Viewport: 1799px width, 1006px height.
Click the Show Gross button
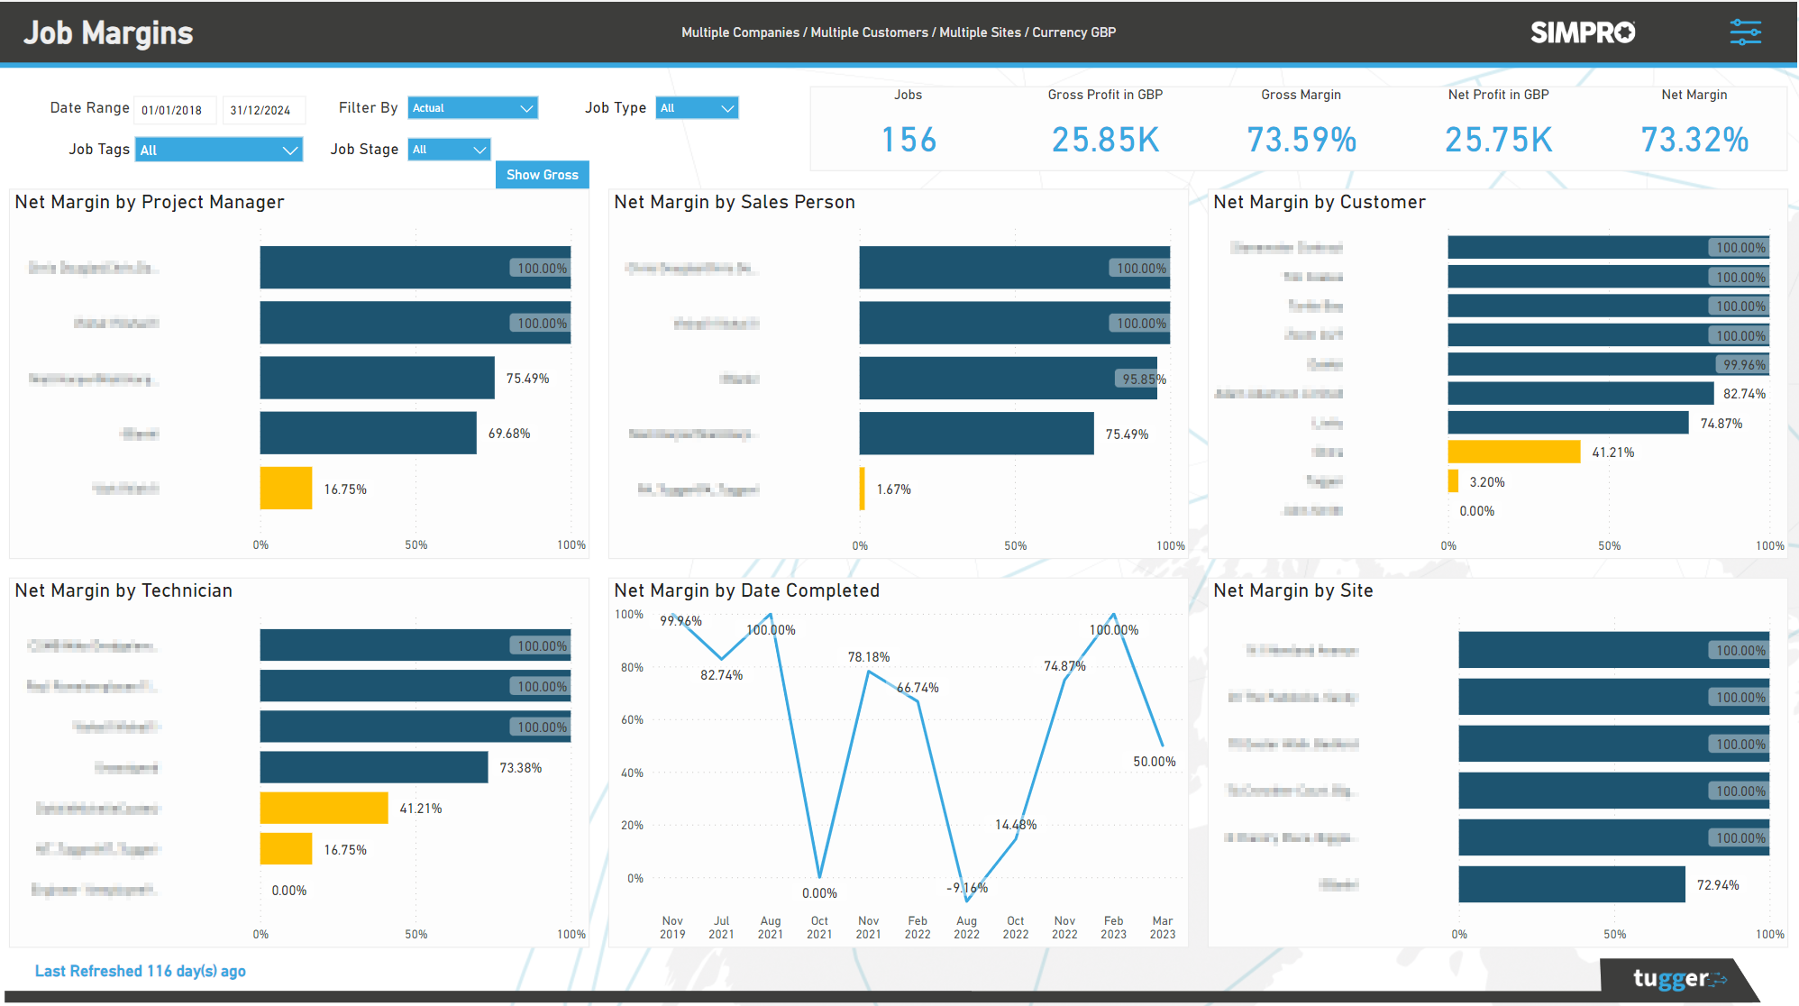[542, 175]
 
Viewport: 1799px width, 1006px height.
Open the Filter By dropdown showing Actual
[472, 108]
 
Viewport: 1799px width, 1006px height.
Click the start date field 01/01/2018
[173, 110]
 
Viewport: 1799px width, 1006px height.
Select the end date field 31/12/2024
[261, 110]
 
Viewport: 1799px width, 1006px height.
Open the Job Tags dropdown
[219, 150]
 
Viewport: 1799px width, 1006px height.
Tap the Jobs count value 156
[909, 140]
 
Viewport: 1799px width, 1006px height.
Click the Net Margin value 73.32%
[1694, 140]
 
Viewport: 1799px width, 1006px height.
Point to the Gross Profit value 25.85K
[1105, 140]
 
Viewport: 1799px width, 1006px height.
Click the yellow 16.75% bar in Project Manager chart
[286, 489]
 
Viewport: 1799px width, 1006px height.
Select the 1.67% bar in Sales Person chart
[863, 489]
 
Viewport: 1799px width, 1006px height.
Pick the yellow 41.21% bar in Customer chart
[1513, 452]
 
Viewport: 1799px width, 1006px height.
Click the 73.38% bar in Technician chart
[373, 767]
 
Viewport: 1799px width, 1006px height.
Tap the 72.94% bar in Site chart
[1571, 884]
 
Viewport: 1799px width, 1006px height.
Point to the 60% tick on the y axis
[632, 720]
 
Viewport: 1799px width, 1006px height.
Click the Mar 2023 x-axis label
[1162, 928]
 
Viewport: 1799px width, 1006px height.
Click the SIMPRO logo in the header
[1583, 32]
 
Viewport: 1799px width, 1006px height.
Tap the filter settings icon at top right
[1745, 32]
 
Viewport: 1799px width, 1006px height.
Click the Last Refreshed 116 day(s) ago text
[140, 971]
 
